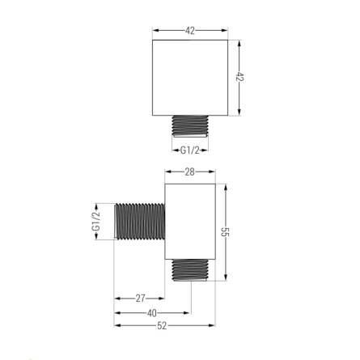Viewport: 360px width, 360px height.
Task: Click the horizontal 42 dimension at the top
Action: pos(190,31)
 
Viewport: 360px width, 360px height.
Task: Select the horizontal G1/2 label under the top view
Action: pos(190,150)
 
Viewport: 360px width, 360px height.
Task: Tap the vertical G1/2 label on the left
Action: pos(96,221)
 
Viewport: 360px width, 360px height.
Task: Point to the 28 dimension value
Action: pos(189,172)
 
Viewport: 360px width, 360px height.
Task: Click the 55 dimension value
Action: pos(225,232)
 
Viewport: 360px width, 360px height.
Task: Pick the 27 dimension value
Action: pos(140,299)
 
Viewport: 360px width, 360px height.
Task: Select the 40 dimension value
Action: pos(152,313)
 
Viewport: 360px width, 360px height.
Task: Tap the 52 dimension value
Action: pos(162,326)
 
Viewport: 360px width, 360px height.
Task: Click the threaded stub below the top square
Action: pos(190,126)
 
